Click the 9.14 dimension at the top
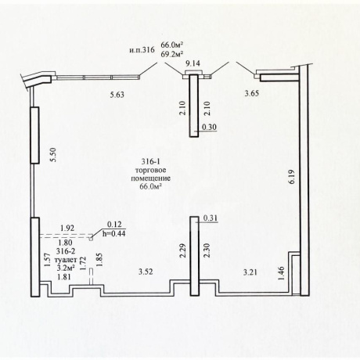(193, 63)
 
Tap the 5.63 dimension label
(117, 95)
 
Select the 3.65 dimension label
(252, 93)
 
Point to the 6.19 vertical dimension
(292, 177)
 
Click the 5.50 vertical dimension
(53, 155)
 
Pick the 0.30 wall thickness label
(210, 127)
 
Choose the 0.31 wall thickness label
(210, 218)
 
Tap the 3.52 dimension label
(146, 272)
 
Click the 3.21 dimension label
(250, 272)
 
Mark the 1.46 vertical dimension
(281, 273)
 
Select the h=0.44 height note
(113, 233)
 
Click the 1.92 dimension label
(67, 228)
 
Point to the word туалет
(66, 260)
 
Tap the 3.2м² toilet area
(66, 268)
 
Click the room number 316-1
(150, 162)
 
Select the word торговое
(150, 171)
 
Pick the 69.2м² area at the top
(171, 53)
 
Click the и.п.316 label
(142, 49)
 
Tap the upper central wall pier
(194, 106)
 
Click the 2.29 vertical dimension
(182, 250)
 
